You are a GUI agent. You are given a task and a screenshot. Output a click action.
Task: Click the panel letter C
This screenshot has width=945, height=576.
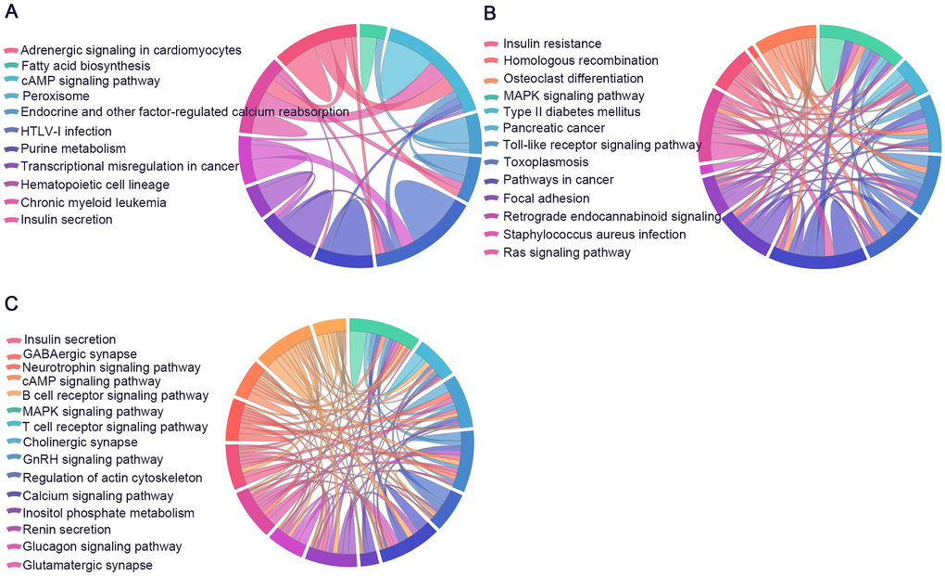10,302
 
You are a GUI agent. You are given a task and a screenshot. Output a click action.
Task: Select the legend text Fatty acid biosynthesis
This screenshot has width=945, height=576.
85,66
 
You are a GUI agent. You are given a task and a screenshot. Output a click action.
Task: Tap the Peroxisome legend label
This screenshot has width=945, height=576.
56,96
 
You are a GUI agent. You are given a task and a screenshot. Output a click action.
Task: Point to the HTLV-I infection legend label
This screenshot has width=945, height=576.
66,132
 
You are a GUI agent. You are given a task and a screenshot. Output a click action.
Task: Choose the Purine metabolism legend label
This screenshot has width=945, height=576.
73,148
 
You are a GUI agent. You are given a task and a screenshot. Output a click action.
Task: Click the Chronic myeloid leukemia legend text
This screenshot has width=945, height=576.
94,202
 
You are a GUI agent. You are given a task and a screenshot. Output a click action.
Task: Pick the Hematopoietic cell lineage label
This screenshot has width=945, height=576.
95,185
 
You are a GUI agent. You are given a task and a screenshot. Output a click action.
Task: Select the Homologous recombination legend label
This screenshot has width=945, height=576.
581,60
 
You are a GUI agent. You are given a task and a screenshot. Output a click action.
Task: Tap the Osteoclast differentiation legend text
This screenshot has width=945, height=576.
573,78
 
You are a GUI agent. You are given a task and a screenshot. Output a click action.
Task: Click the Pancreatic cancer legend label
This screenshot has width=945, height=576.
554,128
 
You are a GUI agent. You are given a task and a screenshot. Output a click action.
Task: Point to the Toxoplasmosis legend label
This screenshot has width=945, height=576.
546,162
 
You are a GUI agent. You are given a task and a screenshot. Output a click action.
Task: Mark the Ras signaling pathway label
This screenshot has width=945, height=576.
567,252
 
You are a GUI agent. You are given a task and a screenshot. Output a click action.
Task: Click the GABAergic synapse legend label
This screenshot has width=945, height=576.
81,353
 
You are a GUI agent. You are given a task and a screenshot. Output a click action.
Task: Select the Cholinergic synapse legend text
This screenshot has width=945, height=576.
81,442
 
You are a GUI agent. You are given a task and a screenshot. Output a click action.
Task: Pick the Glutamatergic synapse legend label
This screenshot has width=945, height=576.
88,564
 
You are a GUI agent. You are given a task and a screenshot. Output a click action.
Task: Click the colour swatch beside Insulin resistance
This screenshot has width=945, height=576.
491,45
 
